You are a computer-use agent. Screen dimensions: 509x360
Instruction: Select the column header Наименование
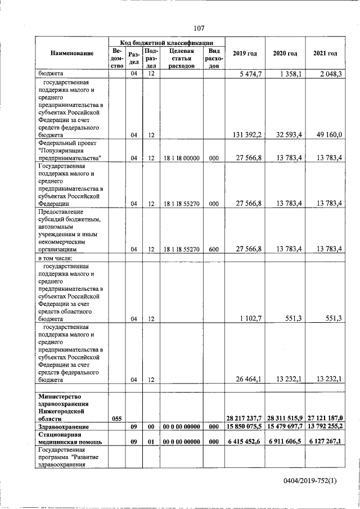click(x=71, y=53)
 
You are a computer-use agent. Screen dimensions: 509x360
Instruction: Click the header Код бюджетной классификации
click(x=166, y=42)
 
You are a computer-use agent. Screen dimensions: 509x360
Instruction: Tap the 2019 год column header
click(x=245, y=53)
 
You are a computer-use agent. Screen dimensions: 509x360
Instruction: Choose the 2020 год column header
click(x=285, y=53)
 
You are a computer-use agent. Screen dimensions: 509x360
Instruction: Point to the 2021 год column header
click(x=325, y=53)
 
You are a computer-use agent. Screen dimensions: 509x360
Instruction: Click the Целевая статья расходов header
click(x=181, y=58)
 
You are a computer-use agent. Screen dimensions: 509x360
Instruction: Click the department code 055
click(x=116, y=418)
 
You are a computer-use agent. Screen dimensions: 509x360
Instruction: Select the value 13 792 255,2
click(x=325, y=427)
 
